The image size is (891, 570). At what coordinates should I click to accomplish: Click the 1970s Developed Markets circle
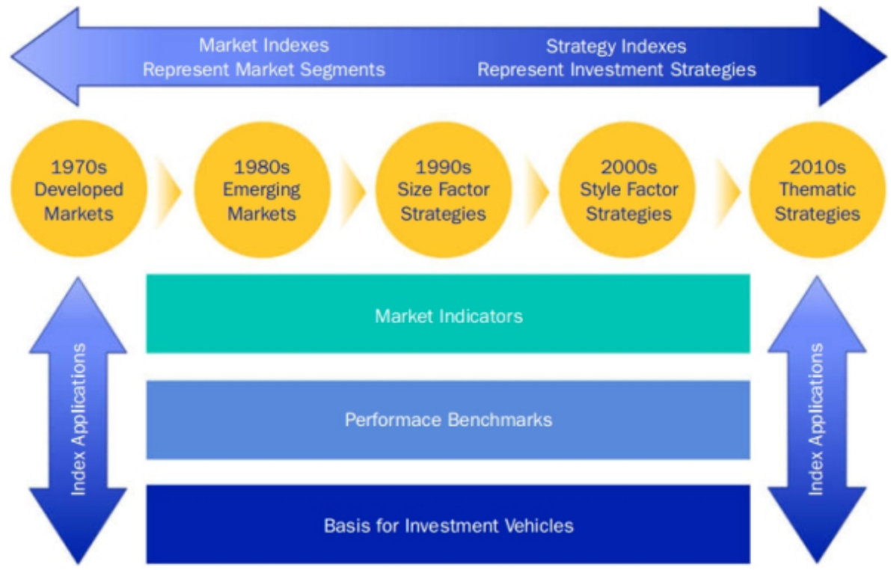[79, 189]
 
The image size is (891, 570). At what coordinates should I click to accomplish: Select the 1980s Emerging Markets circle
[262, 189]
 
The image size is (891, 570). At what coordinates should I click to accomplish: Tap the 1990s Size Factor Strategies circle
[444, 189]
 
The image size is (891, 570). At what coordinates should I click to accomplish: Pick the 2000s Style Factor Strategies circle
[628, 189]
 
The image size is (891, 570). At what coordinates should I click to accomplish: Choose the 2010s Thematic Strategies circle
[818, 189]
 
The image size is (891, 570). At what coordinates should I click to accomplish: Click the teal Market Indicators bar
[448, 313]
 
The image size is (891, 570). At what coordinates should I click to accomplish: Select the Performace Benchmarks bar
[448, 420]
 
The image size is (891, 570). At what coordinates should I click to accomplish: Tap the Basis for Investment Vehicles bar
[448, 524]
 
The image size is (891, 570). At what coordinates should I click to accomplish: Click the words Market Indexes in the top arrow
[264, 45]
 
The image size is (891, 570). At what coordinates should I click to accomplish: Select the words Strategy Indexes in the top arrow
[616, 46]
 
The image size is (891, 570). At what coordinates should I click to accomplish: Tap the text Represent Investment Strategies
[616, 70]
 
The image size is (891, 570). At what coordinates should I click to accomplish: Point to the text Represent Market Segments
[264, 70]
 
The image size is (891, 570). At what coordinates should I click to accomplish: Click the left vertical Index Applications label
[79, 420]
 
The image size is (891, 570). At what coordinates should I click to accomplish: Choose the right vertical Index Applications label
[816, 420]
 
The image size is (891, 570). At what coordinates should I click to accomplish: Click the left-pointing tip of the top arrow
[11, 57]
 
